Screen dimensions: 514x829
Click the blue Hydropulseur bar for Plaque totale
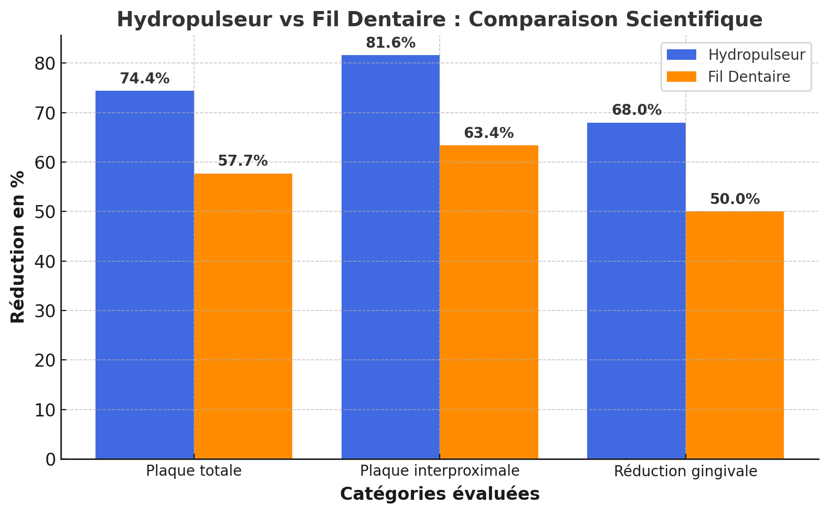pos(145,275)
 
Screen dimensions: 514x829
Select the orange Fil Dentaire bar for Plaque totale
pos(243,316)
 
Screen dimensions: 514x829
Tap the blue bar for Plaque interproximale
pos(390,257)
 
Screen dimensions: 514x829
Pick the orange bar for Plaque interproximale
pos(489,302)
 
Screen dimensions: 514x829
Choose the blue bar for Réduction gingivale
pos(636,291)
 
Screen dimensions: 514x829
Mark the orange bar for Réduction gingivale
pos(735,335)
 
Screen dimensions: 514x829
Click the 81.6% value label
pos(390,43)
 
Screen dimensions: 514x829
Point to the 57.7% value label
pos(243,161)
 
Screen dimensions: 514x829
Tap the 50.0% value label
pos(735,199)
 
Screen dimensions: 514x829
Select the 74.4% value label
pos(145,79)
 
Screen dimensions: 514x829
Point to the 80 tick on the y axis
pos(46,63)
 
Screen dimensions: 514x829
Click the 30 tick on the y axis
pos(46,311)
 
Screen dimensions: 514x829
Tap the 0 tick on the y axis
pos(51,459)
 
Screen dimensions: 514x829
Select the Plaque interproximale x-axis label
pos(440,471)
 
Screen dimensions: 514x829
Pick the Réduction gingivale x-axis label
pos(685,472)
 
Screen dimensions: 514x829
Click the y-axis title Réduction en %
pos(18,247)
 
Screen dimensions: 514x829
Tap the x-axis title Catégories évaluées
pos(440,494)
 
